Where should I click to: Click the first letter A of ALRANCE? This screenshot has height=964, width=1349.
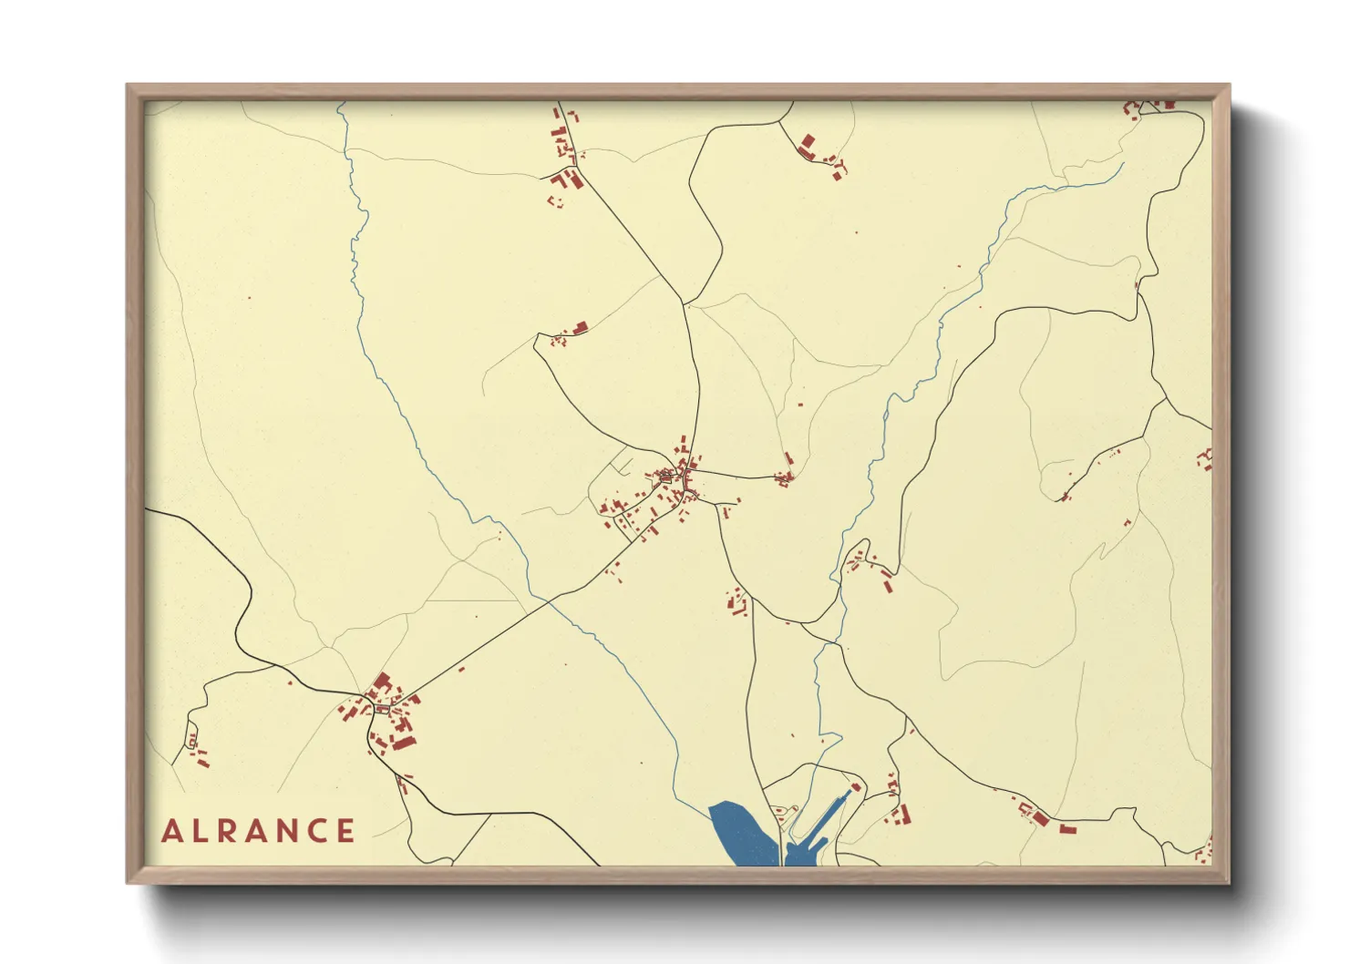click(172, 831)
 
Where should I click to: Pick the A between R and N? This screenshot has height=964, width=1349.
click(260, 831)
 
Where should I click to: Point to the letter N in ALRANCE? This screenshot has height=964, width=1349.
click(290, 831)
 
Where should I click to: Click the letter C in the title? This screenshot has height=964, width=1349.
click(318, 831)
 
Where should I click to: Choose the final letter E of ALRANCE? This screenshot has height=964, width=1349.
click(346, 831)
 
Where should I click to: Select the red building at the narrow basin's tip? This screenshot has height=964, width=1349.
click(856, 787)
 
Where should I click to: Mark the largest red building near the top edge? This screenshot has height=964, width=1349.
click(807, 144)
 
